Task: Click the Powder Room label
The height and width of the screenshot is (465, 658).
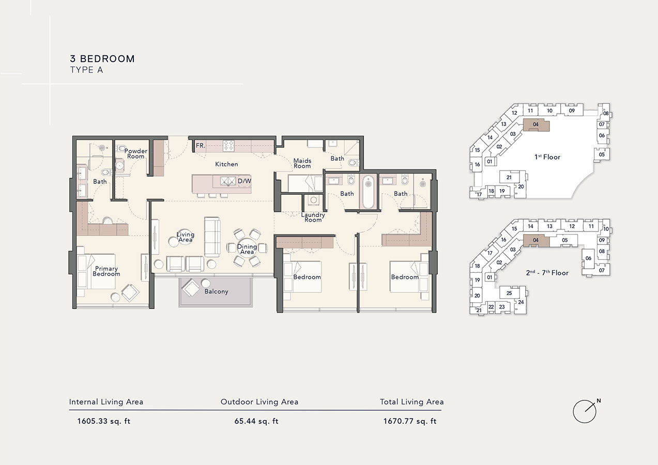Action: pos(135,153)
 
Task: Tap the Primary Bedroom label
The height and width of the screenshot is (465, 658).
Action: pos(106,271)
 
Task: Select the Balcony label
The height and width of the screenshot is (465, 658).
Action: pos(216,291)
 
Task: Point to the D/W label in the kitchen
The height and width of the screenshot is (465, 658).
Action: pos(244,181)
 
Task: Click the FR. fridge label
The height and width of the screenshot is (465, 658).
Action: pos(201,146)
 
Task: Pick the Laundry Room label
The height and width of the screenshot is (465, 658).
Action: pos(313,217)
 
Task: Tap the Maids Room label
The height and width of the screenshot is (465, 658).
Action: pos(302,163)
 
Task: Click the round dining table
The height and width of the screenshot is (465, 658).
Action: pos(248,247)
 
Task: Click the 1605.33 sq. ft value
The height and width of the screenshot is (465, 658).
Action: pos(103,421)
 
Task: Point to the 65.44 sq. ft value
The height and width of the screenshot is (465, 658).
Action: pos(256,421)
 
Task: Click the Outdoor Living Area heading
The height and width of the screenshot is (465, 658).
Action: pos(259,401)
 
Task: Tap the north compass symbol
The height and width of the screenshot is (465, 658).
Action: pos(585,411)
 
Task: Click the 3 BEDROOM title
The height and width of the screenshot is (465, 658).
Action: pos(102,59)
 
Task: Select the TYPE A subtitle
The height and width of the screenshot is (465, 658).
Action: pos(86,70)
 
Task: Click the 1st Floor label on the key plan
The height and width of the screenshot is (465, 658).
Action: pos(547,157)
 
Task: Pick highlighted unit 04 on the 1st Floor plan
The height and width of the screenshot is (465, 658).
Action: pos(536,125)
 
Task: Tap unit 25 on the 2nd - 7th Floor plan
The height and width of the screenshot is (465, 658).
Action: pos(509,293)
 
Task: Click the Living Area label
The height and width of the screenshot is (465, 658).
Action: pos(185,237)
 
